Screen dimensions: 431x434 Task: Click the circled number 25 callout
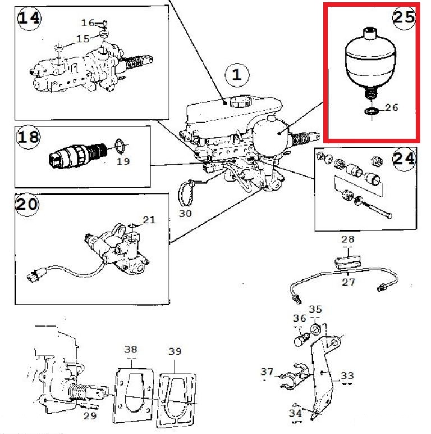tap(404, 17)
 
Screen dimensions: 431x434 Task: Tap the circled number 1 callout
tap(237, 75)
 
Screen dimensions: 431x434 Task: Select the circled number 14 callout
tap(29, 19)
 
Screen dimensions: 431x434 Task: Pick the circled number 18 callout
tap(28, 137)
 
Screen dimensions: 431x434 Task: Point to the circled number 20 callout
tap(27, 205)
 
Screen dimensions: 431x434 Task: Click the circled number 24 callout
tap(404, 159)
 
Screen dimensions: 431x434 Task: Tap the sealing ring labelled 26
tap(371, 111)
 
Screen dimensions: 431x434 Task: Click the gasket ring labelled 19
tap(120, 146)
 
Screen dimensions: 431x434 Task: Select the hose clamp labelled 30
tap(186, 193)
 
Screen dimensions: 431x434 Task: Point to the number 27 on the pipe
tap(348, 282)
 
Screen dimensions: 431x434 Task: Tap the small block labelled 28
tap(347, 262)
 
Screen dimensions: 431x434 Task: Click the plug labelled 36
tap(301, 340)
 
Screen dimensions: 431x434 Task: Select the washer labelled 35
tap(315, 329)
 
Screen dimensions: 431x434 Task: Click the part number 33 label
tap(347, 376)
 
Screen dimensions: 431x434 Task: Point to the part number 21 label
tap(149, 220)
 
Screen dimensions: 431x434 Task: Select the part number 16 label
tap(88, 23)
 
